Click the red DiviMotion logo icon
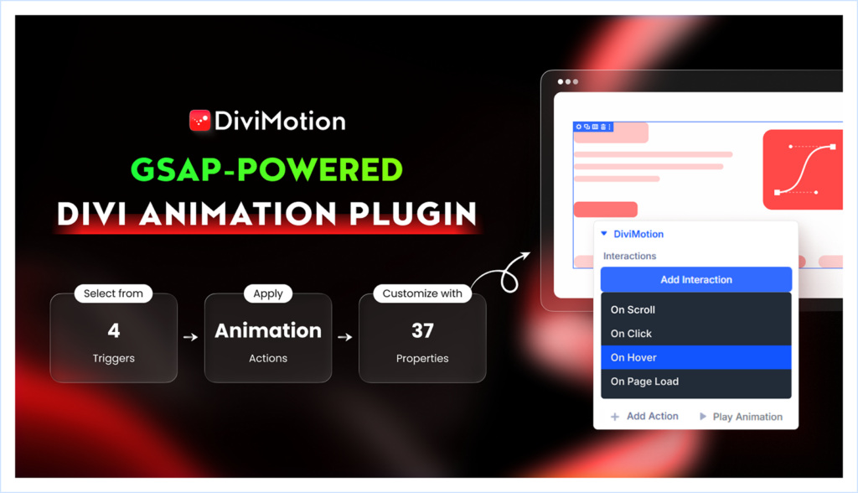pos(199,121)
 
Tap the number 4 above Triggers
pos(114,330)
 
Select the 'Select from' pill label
pos(114,293)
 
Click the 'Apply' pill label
pos(268,293)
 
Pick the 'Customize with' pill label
pos(422,293)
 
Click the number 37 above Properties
pos(422,330)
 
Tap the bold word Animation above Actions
pos(268,330)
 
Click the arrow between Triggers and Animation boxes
pos(191,338)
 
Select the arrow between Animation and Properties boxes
pos(345,338)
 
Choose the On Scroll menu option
pos(633,309)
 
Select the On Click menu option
pos(631,334)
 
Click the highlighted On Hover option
pos(633,357)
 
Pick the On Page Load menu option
pos(644,381)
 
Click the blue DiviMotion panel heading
pos(638,234)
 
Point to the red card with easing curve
pos(803,169)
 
